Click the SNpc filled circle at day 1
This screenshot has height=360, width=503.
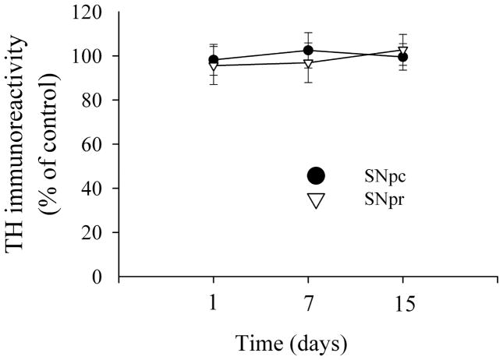pos(214,60)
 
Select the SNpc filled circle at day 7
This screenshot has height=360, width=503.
pos(308,51)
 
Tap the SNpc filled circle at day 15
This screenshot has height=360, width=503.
pos(402,57)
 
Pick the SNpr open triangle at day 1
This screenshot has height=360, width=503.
pos(214,65)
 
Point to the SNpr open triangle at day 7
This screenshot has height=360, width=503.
pos(308,63)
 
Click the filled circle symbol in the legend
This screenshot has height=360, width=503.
pos(315,175)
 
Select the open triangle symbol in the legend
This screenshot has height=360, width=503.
pos(315,200)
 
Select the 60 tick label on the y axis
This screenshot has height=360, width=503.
pos(98,144)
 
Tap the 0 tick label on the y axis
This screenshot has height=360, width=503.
pos(103,277)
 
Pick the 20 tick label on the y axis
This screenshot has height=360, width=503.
pos(98,232)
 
